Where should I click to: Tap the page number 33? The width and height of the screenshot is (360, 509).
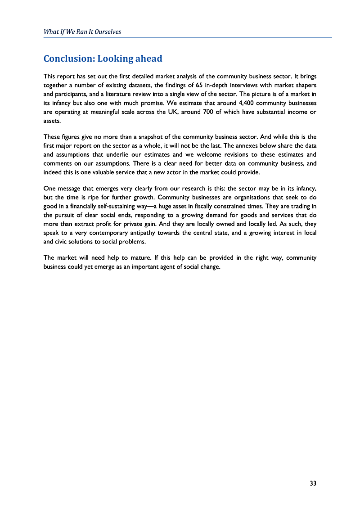click(313, 483)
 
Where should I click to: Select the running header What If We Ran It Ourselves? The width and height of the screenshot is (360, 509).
click(82, 32)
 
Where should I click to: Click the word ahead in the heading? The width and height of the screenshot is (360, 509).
click(148, 59)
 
